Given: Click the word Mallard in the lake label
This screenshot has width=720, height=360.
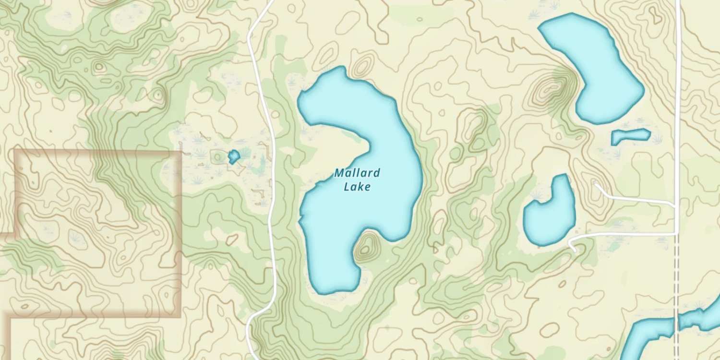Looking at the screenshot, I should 357,173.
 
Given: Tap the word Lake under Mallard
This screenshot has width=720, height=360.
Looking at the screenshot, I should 357,187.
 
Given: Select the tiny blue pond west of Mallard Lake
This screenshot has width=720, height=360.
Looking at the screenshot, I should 234,156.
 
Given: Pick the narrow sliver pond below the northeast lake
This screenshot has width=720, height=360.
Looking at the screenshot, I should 630,136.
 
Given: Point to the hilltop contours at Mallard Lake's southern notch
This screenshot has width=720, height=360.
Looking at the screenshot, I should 366,248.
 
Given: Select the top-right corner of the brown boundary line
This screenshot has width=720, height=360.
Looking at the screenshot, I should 180,151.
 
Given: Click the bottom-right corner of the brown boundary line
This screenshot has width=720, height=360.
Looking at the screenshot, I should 180,316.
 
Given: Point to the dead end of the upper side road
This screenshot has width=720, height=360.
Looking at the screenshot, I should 595,183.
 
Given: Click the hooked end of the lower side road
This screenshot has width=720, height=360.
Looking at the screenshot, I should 574,250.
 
